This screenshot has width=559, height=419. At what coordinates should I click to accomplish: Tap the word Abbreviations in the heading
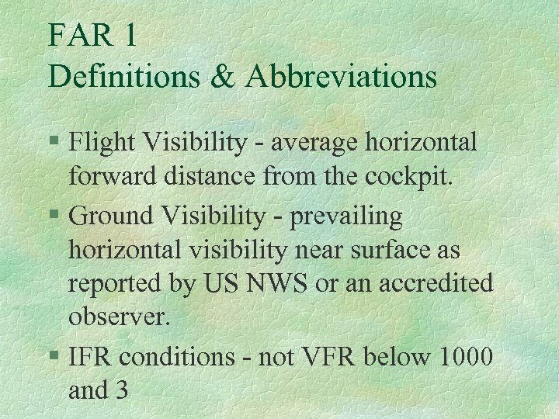[342, 76]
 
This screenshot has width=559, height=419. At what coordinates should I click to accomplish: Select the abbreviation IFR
[89, 358]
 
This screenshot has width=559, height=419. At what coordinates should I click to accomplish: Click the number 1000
[465, 358]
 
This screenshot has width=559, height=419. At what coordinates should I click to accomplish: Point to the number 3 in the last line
[120, 390]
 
